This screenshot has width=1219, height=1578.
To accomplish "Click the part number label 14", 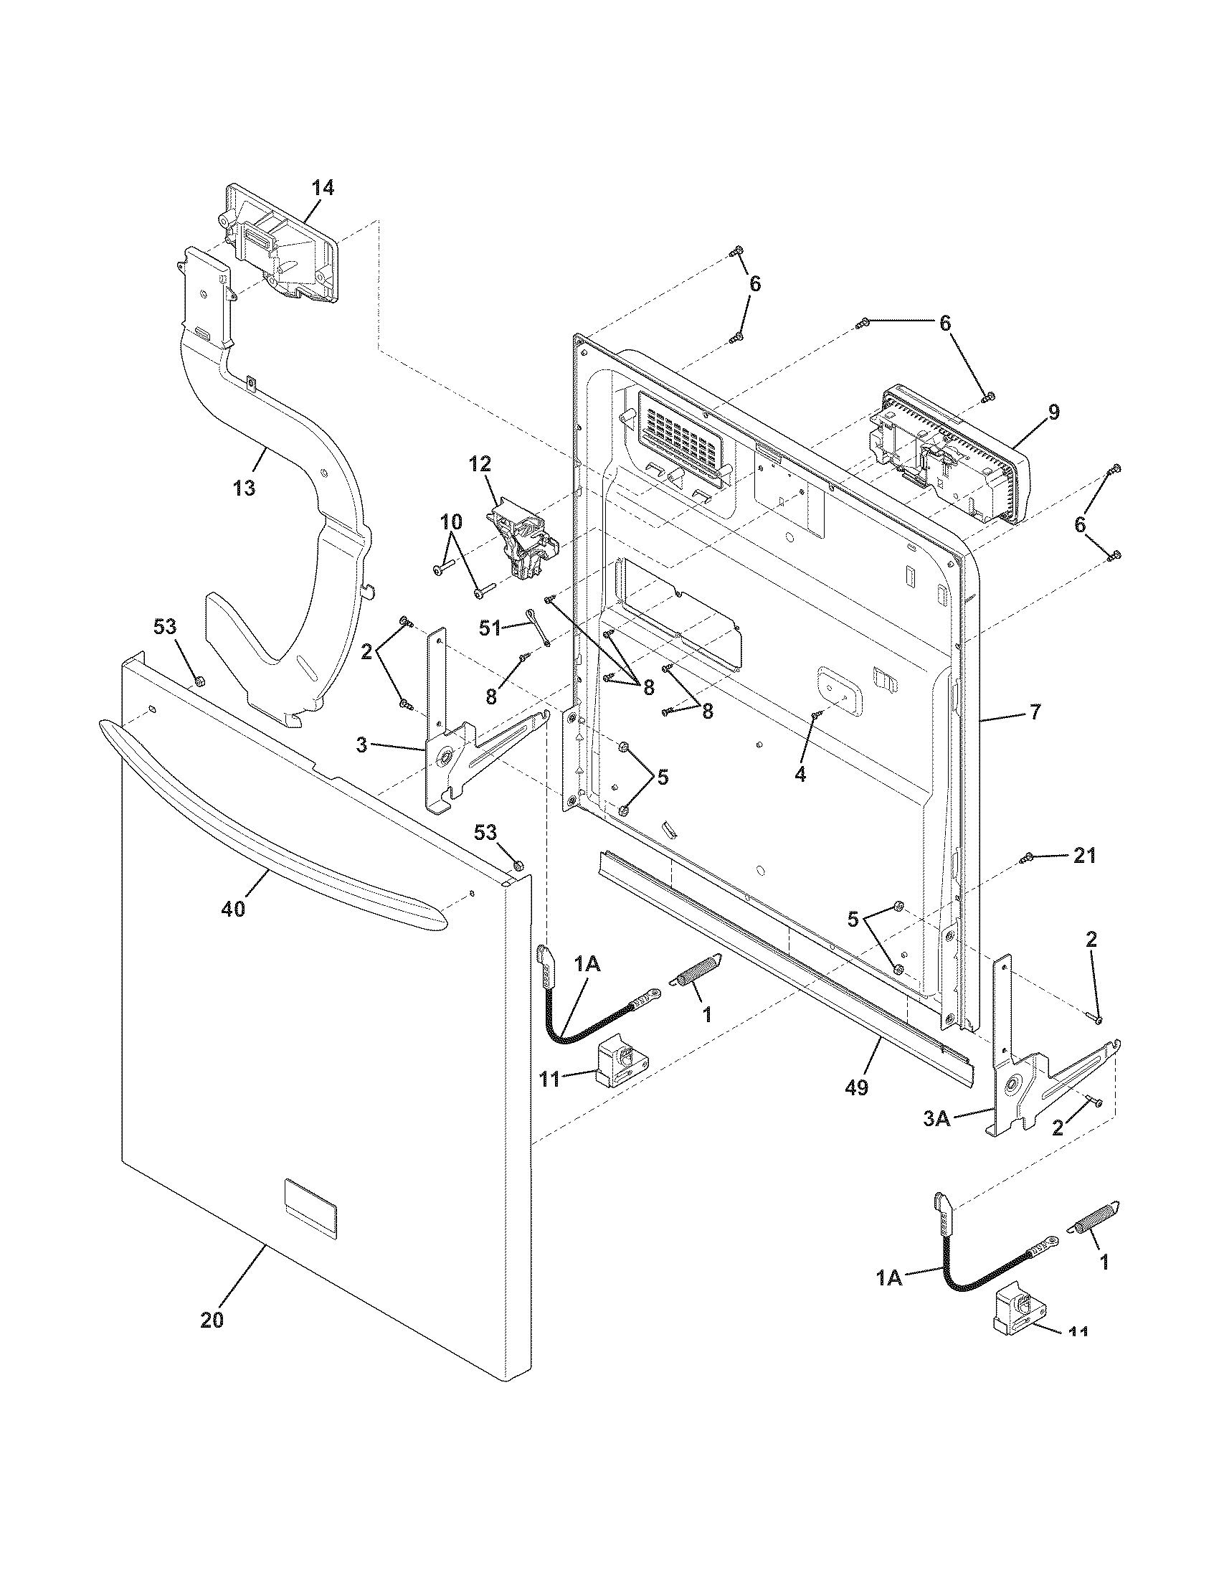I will [323, 188].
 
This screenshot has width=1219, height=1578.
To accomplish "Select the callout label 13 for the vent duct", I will [245, 488].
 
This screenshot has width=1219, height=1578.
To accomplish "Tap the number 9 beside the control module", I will [1053, 412].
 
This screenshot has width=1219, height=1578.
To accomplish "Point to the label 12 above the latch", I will [480, 463].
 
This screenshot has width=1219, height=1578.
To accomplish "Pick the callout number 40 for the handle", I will [233, 909].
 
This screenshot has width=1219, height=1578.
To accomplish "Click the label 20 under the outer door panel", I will [212, 1320].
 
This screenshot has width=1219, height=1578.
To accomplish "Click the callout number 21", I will [1084, 856].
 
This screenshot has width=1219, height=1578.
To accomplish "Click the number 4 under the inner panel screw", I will [800, 774].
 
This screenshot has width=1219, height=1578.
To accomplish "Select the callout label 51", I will [490, 628].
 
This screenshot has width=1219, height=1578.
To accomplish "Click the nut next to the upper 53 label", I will [200, 680].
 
